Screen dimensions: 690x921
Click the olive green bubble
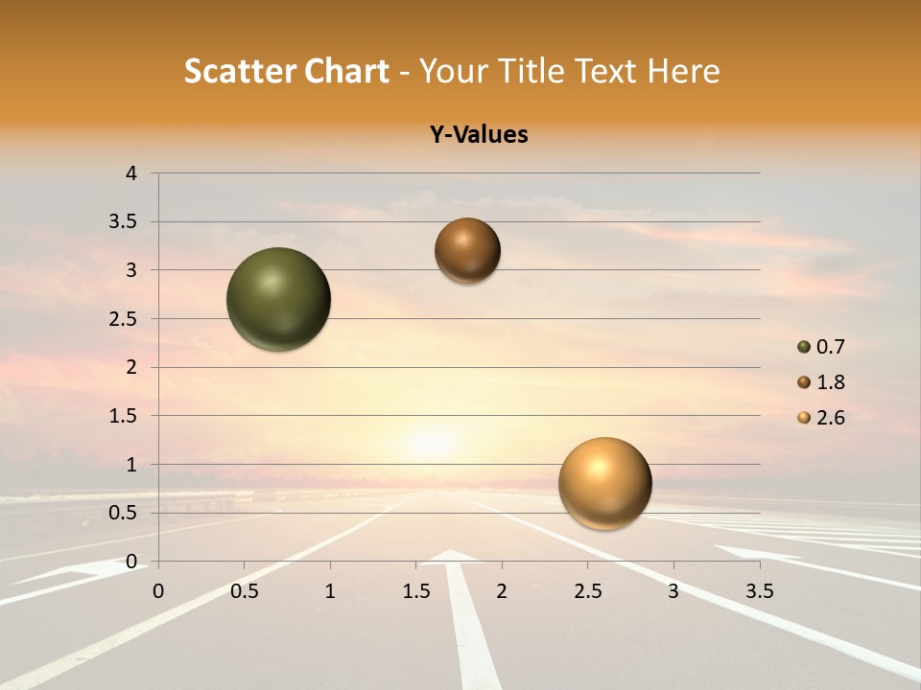pyautogui.click(x=279, y=299)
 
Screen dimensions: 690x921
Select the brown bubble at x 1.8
pyautogui.click(x=467, y=250)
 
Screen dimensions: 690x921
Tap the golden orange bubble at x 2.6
pyautogui.click(x=604, y=483)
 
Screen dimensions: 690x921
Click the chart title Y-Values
pyautogui.click(x=479, y=135)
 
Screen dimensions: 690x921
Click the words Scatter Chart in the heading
pyautogui.click(x=287, y=71)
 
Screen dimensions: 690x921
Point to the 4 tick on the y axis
pyautogui.click(x=131, y=173)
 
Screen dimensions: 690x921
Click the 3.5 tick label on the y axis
pyautogui.click(x=124, y=222)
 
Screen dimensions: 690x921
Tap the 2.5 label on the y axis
pyautogui.click(x=124, y=319)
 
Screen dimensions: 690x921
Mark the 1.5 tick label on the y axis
pyautogui.click(x=124, y=416)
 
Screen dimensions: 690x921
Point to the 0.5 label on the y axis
pyautogui.click(x=124, y=513)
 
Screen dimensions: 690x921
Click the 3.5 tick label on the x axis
pyautogui.click(x=760, y=591)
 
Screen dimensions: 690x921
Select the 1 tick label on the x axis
pyautogui.click(x=330, y=591)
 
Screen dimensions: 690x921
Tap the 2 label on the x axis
pyautogui.click(x=502, y=591)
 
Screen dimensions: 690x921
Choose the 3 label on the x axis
pyautogui.click(x=673, y=591)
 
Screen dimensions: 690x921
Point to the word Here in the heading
pyautogui.click(x=682, y=71)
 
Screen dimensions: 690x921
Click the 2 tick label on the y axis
pyautogui.click(x=131, y=367)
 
